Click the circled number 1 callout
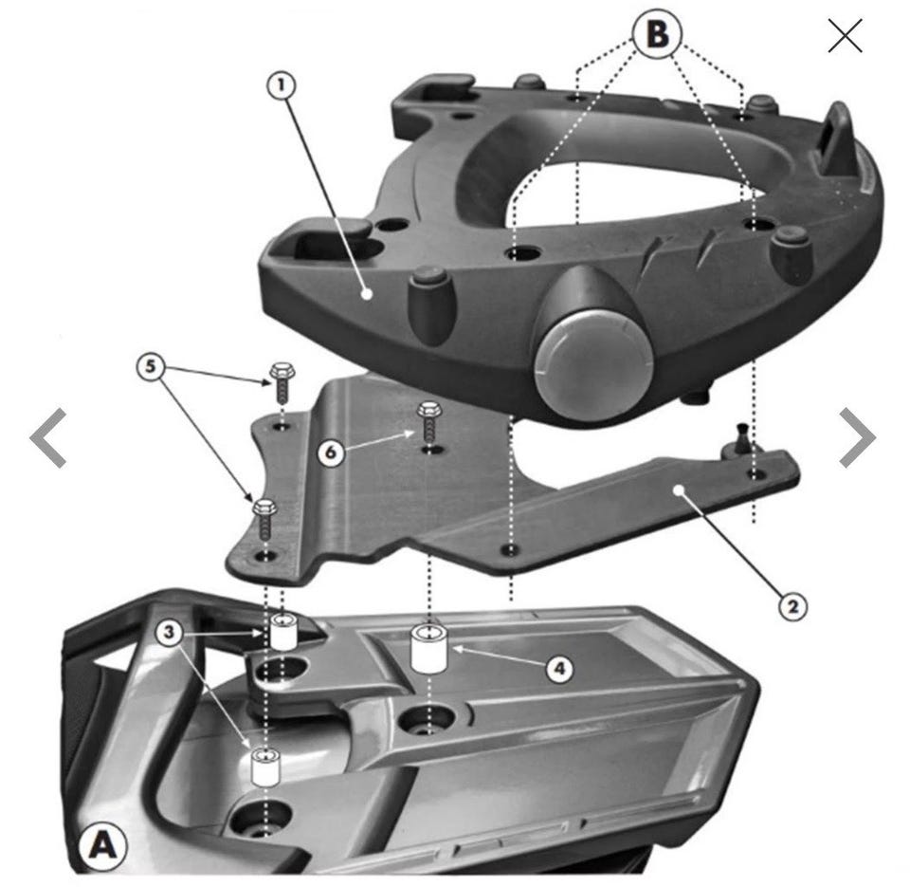282,86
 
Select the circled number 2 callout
792,607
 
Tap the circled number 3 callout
169,632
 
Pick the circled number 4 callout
559,669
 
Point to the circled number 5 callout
151,367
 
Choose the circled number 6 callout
332,452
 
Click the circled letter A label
102,845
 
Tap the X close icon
845,35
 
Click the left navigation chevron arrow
47,437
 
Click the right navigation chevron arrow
857,437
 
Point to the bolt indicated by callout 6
429,420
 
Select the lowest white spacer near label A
265,767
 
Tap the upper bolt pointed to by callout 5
282,381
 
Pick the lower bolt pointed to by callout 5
265,519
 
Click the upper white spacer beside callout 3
283,632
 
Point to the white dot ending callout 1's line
367,294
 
